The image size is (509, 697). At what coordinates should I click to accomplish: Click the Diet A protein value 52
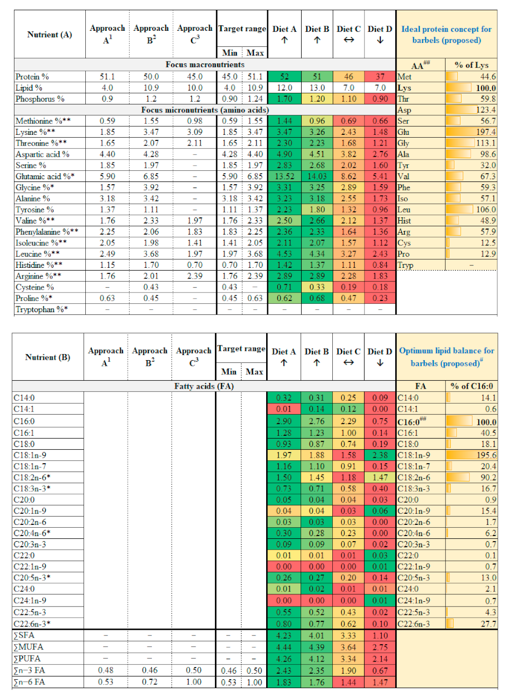pyautogui.click(x=284, y=77)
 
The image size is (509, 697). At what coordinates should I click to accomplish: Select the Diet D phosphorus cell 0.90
pyautogui.click(x=380, y=99)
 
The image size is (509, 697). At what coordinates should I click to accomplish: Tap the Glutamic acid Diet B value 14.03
pyautogui.click(x=317, y=176)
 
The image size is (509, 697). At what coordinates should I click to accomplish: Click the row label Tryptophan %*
pyautogui.click(x=41, y=309)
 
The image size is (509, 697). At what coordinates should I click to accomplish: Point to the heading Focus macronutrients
pyautogui.click(x=205, y=64)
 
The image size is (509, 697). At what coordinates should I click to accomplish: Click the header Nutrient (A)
pyautogui.click(x=49, y=35)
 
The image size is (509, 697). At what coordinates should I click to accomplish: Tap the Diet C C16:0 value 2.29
pyautogui.click(x=348, y=421)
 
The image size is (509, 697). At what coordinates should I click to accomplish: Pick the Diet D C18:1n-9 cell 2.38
pyautogui.click(x=380, y=455)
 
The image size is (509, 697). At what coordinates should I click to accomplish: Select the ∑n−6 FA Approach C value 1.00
pyautogui.click(x=193, y=682)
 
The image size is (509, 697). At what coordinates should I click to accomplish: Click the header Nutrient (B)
pyautogui.click(x=48, y=357)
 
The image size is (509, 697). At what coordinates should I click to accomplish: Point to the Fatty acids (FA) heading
pyautogui.click(x=204, y=386)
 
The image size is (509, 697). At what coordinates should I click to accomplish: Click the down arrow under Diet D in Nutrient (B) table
pyautogui.click(x=380, y=363)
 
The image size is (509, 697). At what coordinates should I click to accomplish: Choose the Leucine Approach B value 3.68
pyautogui.click(x=151, y=254)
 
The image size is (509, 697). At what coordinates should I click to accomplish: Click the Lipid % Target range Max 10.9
pyautogui.click(x=255, y=88)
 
